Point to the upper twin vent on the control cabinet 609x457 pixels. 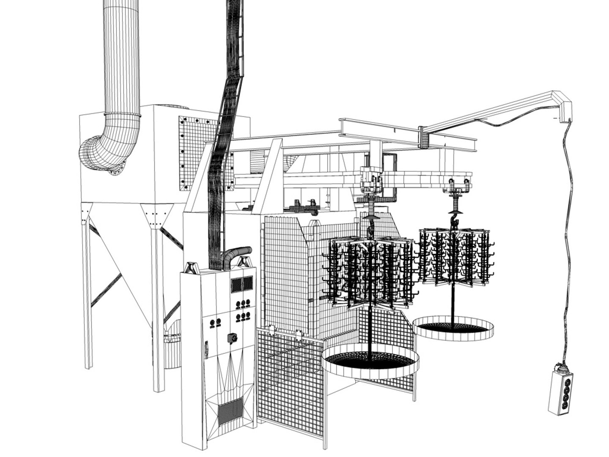click(242, 285)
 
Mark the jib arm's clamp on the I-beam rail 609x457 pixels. click(424, 137)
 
